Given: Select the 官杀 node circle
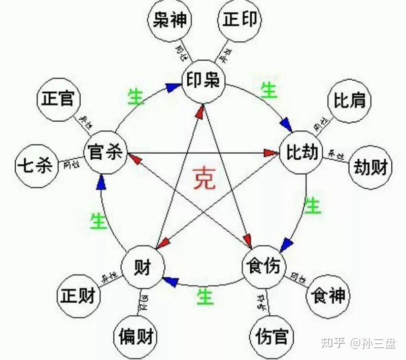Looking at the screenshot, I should click(104, 152).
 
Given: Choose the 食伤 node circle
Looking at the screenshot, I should click(262, 266).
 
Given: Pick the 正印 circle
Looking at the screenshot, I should click(239, 20).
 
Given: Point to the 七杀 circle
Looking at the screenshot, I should click(35, 166).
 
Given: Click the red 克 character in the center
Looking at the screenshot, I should click(204, 178).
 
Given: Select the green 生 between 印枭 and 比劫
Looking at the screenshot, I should click(268, 91).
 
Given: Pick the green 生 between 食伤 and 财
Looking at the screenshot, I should click(205, 296).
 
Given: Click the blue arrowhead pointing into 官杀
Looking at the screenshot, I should click(101, 181).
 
